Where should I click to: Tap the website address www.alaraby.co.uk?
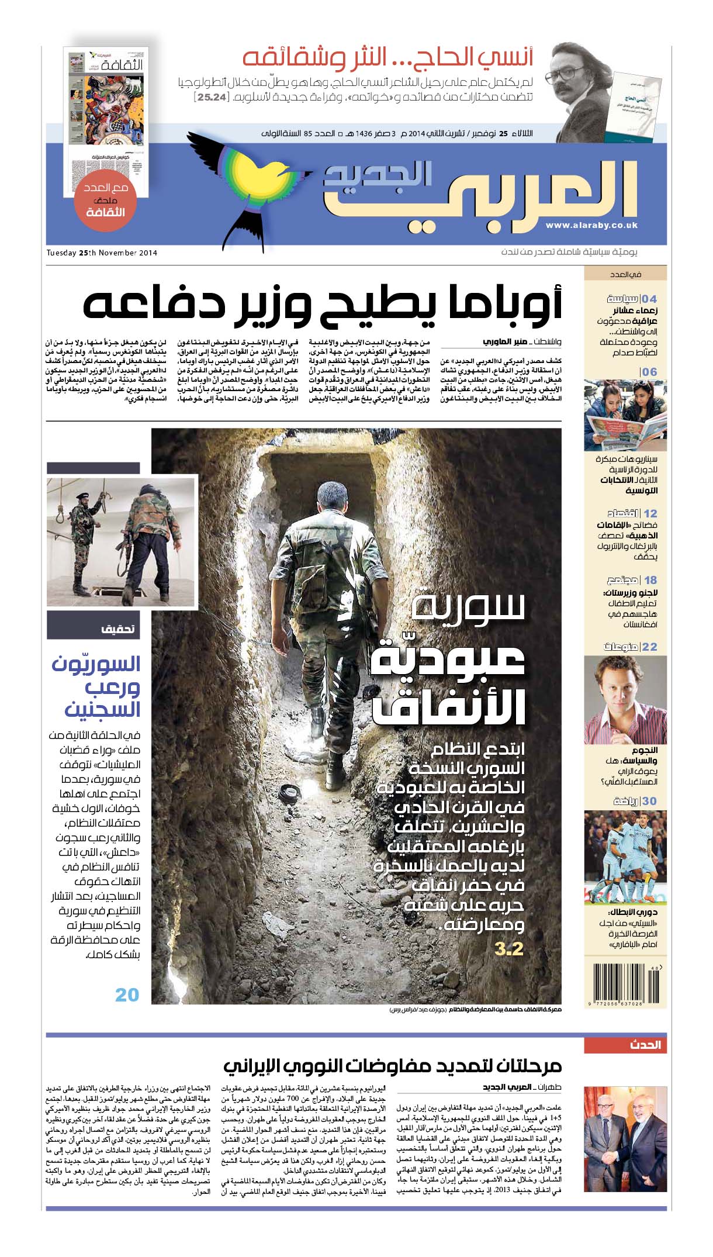(x=591, y=225)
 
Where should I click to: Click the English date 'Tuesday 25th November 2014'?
(x=102, y=253)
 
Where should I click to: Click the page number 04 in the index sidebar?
(x=649, y=299)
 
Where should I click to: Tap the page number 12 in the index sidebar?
(x=650, y=513)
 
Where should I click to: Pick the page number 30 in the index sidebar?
(x=649, y=801)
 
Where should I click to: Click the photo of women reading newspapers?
(x=625, y=416)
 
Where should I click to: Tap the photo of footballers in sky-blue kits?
(x=625, y=856)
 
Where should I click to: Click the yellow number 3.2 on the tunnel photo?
(x=508, y=948)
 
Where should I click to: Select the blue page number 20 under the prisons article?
(x=127, y=994)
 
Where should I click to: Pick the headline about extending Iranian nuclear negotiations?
(x=392, y=1066)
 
